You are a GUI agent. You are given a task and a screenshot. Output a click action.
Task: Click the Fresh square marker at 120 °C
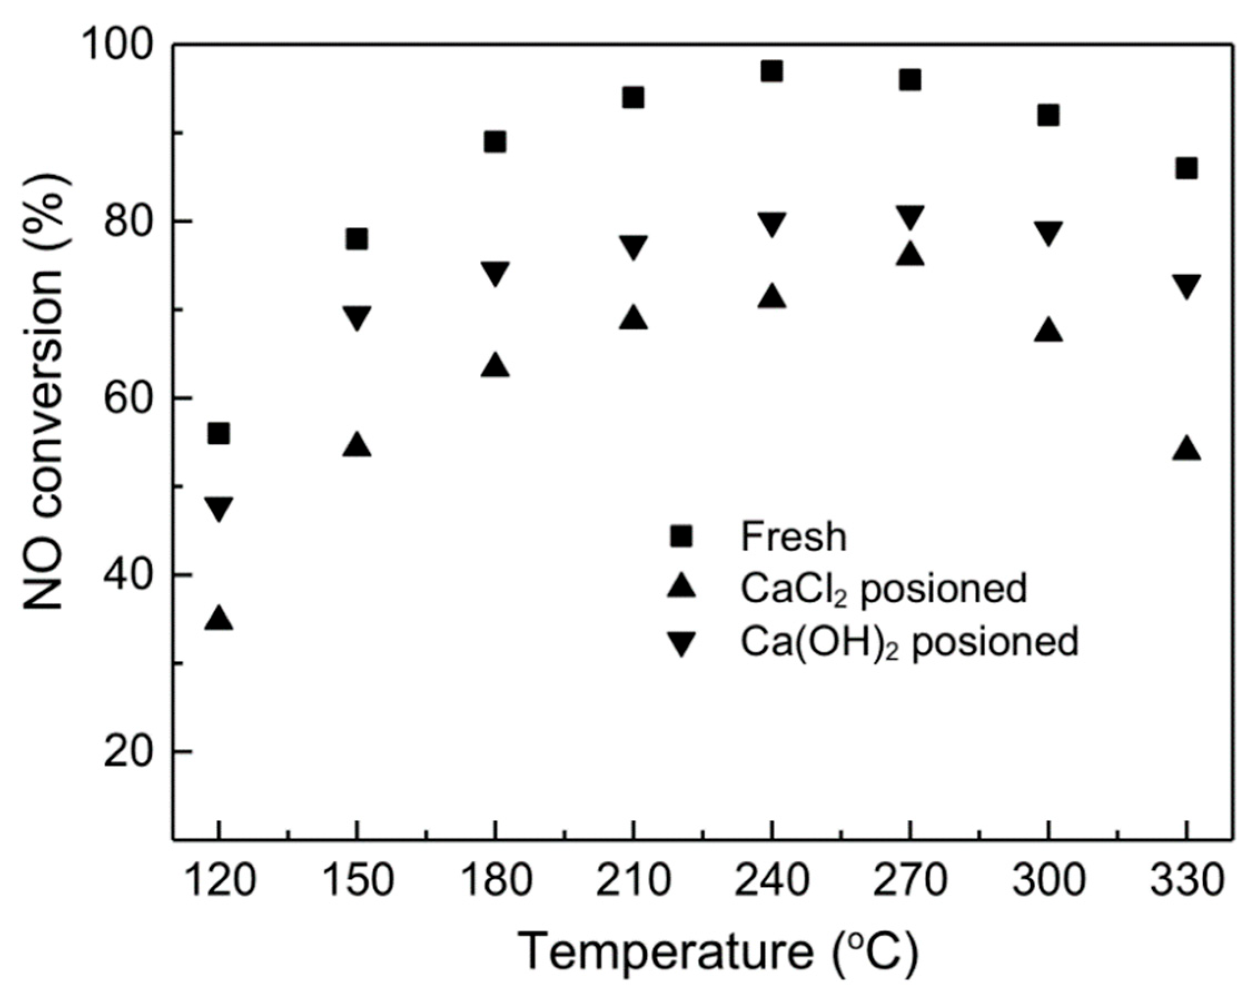219,434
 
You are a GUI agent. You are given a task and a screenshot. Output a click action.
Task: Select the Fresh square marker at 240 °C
772,72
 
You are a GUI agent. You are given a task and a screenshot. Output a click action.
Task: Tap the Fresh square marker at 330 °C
1187,168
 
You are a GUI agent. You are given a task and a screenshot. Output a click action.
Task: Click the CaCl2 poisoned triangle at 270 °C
910,255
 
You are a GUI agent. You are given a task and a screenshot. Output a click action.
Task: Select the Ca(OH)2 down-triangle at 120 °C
219,508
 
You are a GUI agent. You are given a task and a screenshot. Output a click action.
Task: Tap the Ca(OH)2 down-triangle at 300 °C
1048,232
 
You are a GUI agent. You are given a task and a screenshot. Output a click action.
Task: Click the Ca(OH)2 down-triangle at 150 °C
357,317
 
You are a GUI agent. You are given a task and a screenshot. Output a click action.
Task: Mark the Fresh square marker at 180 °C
495,142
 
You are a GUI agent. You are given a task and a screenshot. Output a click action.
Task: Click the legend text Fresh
793,537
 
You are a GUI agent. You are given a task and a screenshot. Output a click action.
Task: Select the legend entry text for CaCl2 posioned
884,589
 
